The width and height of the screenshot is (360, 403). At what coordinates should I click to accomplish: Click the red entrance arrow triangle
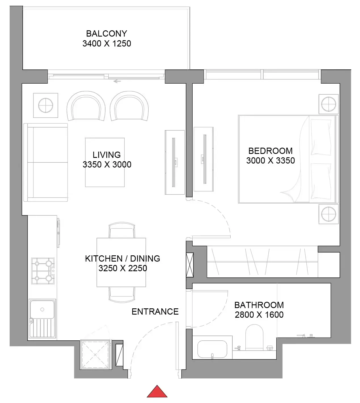(x=157, y=393)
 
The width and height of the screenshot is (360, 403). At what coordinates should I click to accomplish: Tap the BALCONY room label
(x=106, y=34)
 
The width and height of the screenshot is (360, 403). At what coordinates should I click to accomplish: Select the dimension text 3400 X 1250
(x=107, y=44)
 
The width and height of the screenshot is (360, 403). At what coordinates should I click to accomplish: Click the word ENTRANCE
(x=155, y=312)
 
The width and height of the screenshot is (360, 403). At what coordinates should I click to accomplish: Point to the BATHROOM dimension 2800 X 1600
(x=259, y=315)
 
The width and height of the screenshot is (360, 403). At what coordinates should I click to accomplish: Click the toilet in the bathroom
(x=254, y=337)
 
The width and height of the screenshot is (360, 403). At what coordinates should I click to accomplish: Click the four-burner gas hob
(x=43, y=271)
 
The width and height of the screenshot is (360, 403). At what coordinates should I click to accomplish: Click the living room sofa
(x=46, y=162)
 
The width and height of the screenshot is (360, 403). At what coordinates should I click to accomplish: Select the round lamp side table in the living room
(x=46, y=105)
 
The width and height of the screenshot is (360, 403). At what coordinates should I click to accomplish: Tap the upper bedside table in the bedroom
(x=329, y=104)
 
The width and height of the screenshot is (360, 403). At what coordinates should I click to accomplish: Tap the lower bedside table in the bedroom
(x=329, y=214)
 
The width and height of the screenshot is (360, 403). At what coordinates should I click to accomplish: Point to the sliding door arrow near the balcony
(x=117, y=81)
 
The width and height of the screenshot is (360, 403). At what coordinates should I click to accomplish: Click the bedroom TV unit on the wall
(x=203, y=159)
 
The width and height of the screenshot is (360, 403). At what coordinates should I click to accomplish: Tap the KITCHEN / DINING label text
(x=122, y=258)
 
